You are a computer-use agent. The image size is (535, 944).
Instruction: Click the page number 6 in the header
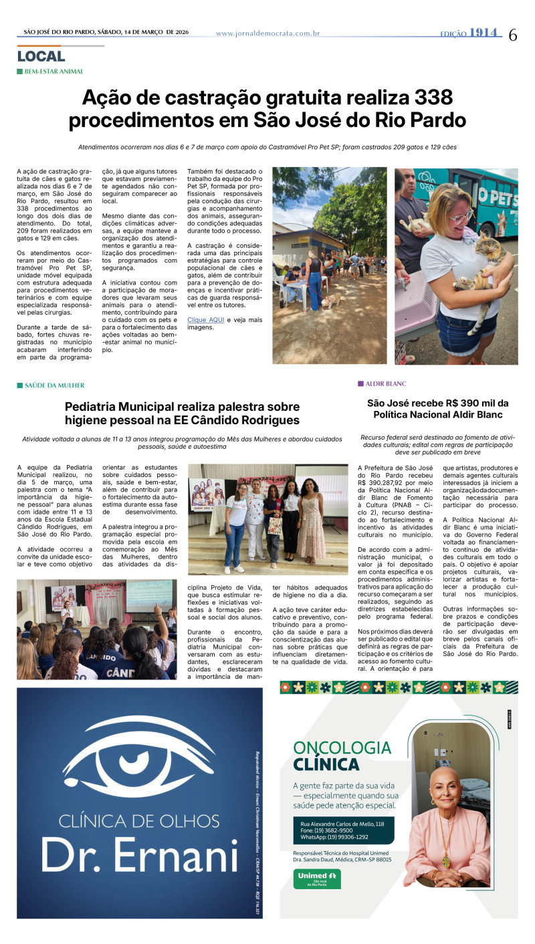click(513, 35)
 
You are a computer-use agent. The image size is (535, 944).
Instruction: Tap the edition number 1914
click(485, 33)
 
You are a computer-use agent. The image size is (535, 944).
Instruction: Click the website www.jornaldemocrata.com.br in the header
click(267, 33)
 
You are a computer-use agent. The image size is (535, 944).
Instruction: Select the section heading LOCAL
click(41, 57)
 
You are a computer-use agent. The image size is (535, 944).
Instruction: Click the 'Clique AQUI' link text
click(206, 320)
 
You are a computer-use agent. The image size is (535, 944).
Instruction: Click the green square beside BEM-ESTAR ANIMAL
click(19, 71)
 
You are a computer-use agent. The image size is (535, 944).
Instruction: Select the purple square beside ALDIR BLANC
click(360, 383)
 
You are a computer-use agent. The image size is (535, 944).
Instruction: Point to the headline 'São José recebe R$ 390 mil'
click(438, 403)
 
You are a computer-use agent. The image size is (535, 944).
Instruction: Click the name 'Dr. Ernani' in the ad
click(140, 856)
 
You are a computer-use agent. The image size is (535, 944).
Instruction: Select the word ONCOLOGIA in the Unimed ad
click(342, 748)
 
